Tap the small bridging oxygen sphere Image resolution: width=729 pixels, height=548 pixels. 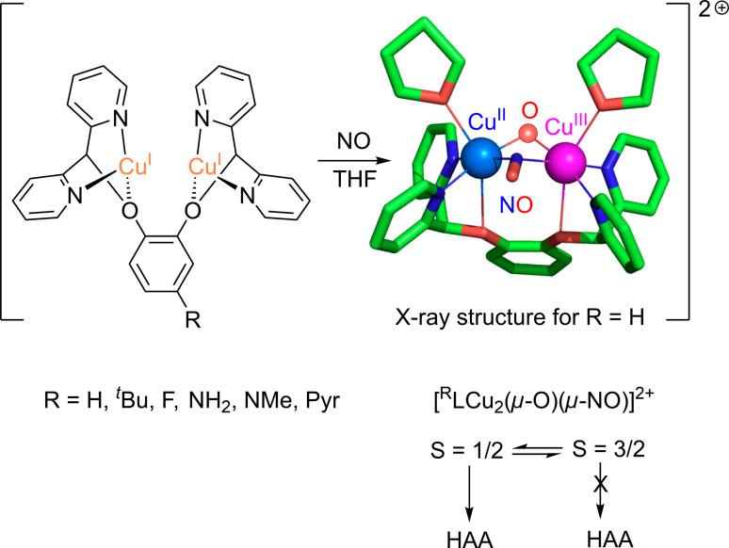click(x=529, y=133)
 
